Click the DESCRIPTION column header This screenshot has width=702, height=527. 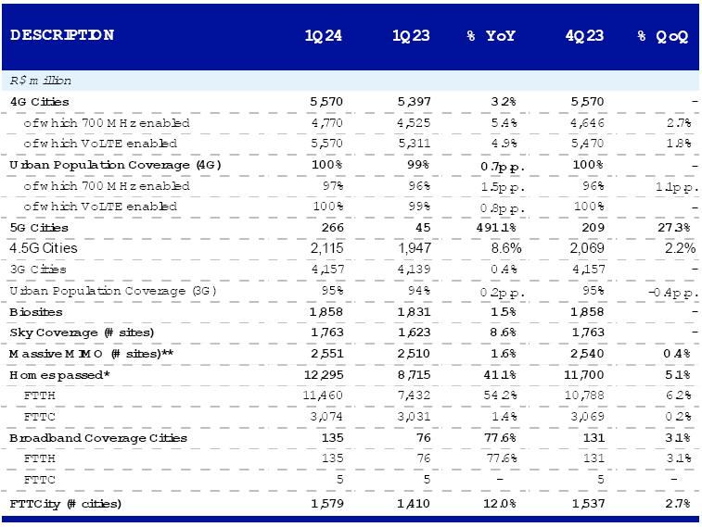pyautogui.click(x=62, y=36)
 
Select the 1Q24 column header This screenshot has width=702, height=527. pyautogui.click(x=324, y=36)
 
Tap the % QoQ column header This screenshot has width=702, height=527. pyautogui.click(x=662, y=36)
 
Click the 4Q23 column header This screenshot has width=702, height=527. pyautogui.click(x=584, y=36)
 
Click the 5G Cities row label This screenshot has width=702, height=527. pyautogui.click(x=39, y=228)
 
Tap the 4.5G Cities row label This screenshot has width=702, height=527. pyautogui.click(x=45, y=248)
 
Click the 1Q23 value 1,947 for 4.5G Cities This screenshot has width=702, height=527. pyautogui.click(x=410, y=248)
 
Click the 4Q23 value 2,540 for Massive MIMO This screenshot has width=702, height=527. pyautogui.click(x=587, y=354)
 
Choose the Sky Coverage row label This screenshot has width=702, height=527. pyautogui.click(x=82, y=333)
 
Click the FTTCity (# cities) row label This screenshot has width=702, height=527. pyautogui.click(x=66, y=503)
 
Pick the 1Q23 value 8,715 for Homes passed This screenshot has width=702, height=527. pyautogui.click(x=410, y=375)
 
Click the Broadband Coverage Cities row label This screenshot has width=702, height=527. pyautogui.click(x=97, y=438)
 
